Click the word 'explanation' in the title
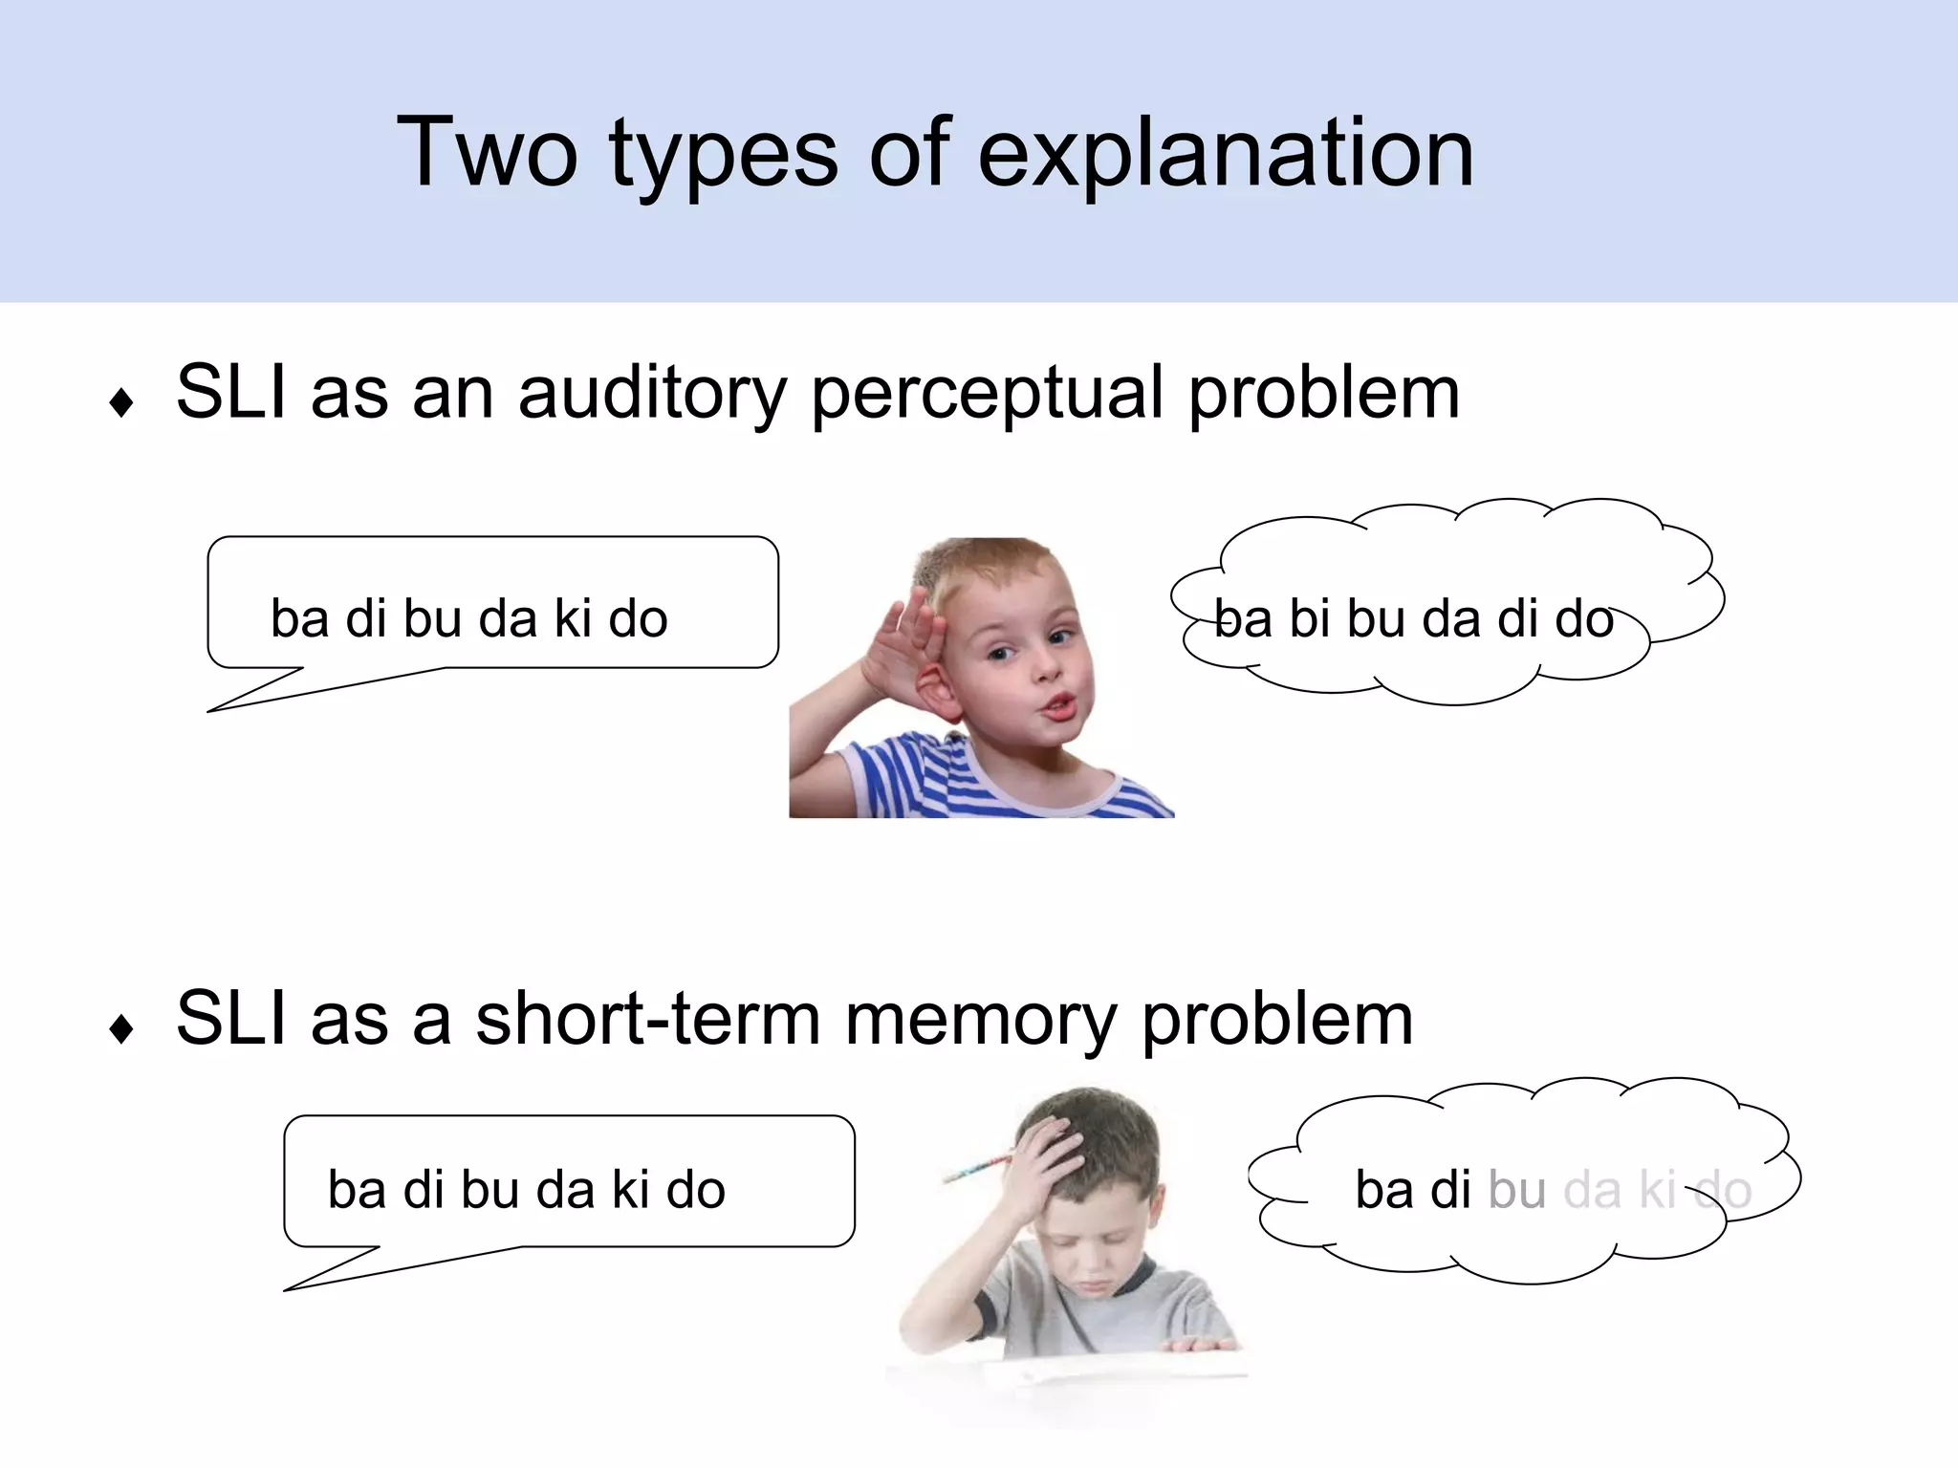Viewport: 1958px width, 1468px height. tap(1226, 153)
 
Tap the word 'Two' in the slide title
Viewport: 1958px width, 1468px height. tap(488, 153)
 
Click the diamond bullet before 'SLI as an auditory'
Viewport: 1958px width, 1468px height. tap(121, 402)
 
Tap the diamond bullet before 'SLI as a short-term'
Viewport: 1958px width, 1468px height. tap(121, 1029)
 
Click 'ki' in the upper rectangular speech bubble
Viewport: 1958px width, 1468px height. tap(573, 617)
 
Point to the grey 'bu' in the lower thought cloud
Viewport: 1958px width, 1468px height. tap(1517, 1190)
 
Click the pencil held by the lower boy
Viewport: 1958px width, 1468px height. tap(977, 1168)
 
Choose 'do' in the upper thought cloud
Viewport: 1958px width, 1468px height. tap(1584, 618)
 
